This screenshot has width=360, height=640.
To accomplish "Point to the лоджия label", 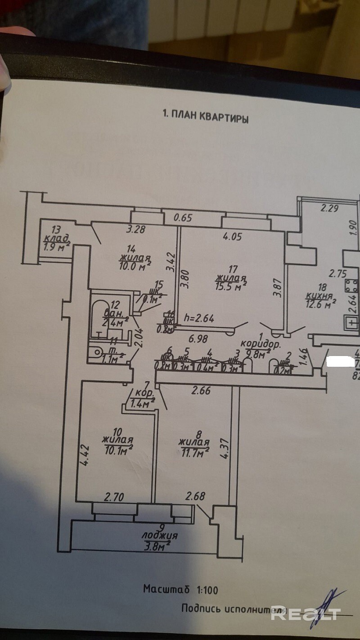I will [x=159, y=536].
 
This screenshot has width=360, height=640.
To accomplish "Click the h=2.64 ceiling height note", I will [x=199, y=317].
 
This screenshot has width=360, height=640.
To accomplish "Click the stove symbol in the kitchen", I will [x=352, y=284].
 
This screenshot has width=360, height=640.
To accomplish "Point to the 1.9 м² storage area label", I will [x=57, y=246].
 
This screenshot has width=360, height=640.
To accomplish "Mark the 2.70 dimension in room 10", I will [x=114, y=497].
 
